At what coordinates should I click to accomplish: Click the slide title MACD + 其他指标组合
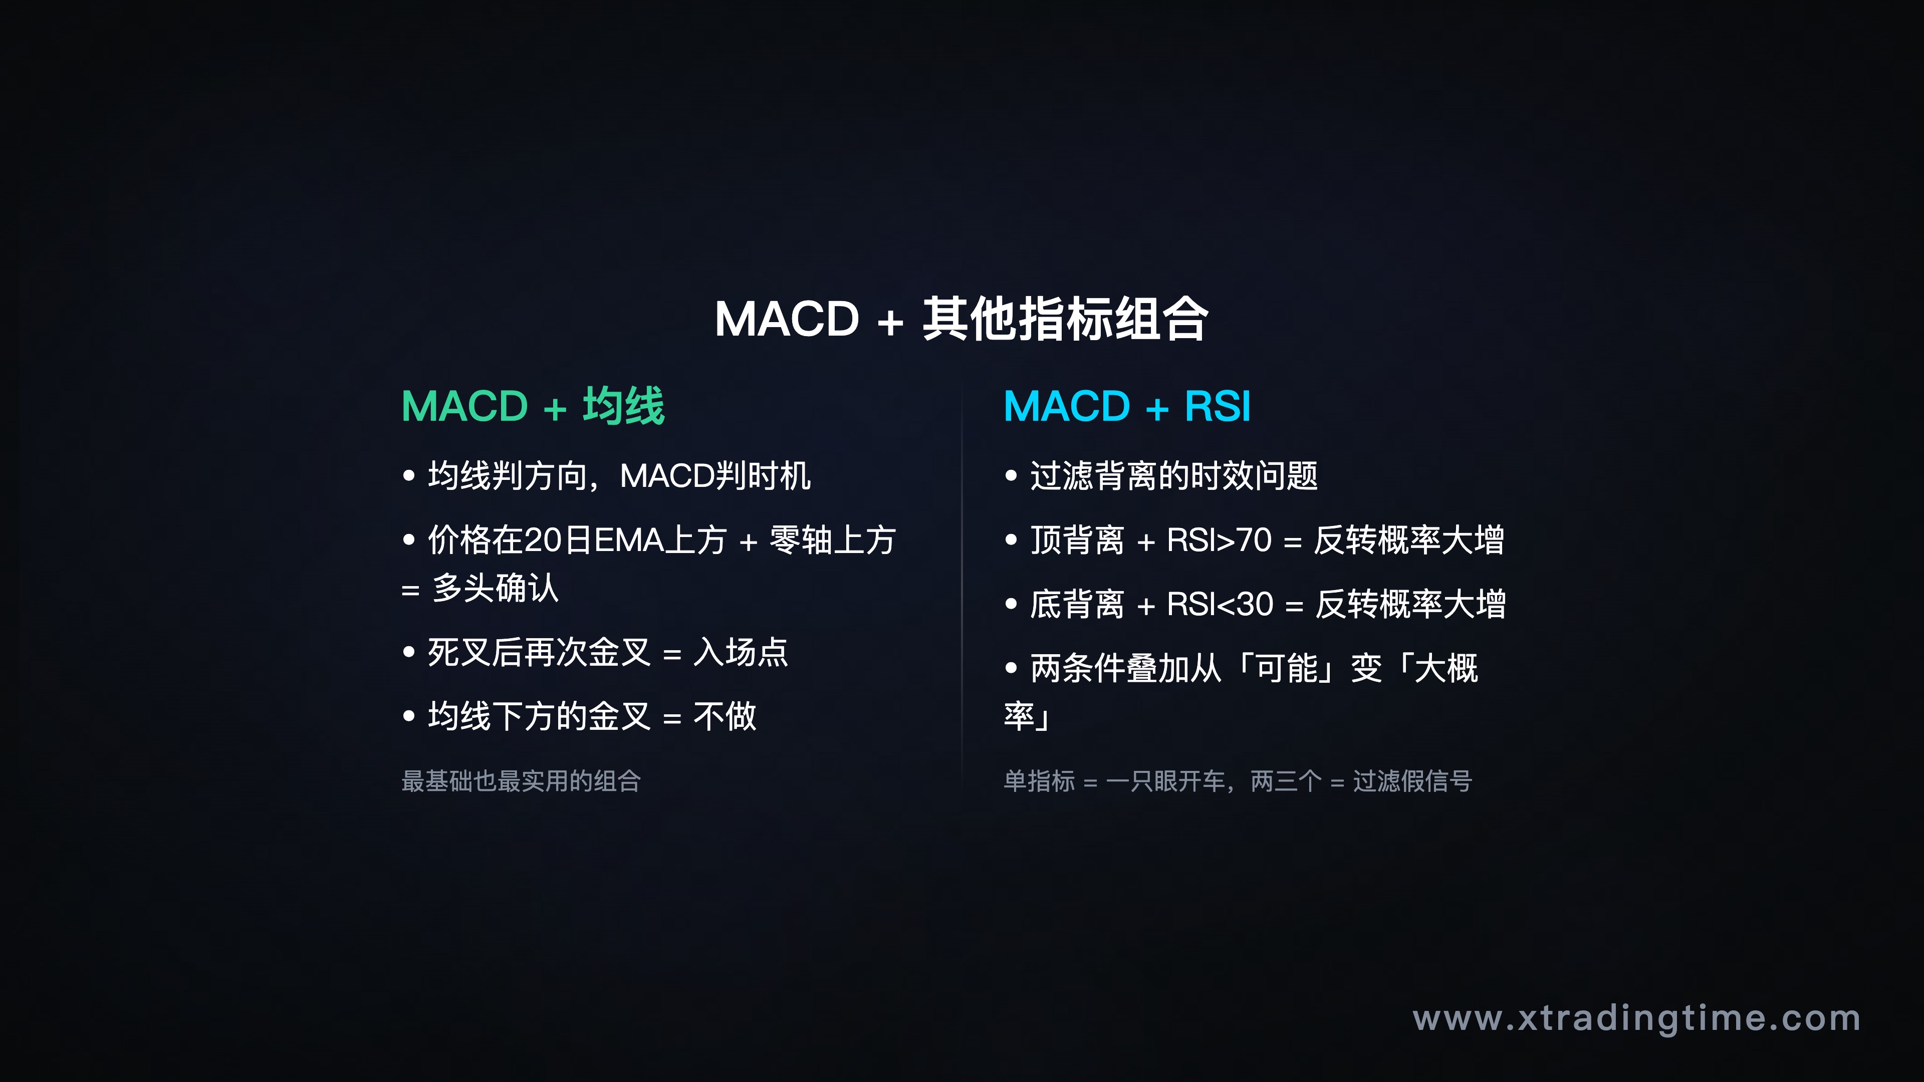pos(961,320)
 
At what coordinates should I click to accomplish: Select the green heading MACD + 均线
pos(533,407)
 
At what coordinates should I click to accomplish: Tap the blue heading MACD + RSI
pos(1126,407)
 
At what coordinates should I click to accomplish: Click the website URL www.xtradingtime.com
pos(1636,1018)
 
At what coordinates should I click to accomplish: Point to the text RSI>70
pos(1219,540)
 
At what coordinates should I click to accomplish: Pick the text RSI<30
pos(1220,604)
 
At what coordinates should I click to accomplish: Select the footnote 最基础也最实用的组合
pos(521,781)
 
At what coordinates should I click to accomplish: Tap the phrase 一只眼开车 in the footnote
pos(1166,781)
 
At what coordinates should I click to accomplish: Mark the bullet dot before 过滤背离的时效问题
pos(1011,476)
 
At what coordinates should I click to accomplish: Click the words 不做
pos(725,717)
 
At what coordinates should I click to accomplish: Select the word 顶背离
pos(1077,540)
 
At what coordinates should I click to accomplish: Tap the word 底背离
pos(1077,604)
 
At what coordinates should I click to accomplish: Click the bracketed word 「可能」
pos(1286,668)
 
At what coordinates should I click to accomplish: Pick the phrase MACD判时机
pos(715,476)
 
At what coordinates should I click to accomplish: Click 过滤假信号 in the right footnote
pos(1412,781)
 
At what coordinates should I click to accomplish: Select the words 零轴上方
pos(832,540)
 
